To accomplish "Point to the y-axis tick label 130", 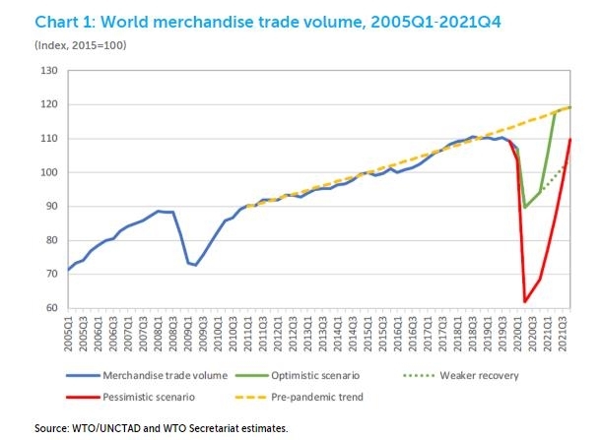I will pos(47,71).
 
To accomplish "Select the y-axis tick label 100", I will pos(47,172).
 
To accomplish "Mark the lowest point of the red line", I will pos(524,301).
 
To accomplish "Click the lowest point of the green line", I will pos(524,208).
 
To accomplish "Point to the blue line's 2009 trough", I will pos(194,265).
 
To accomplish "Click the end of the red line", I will pos(570,140).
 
